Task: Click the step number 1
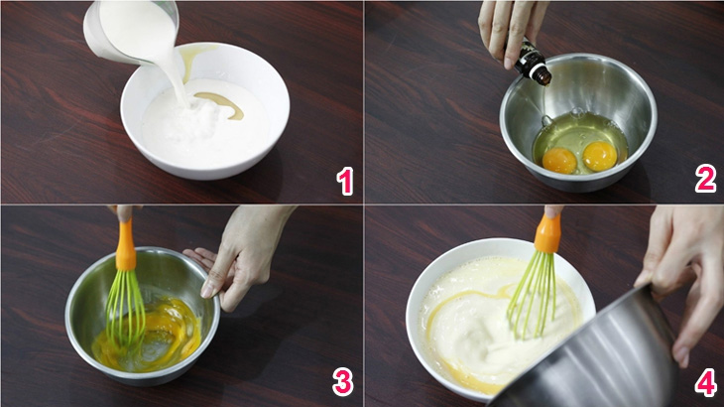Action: point(345,181)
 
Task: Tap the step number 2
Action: point(705,180)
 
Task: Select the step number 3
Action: point(342,381)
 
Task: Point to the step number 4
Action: point(706,381)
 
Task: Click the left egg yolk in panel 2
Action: point(559,160)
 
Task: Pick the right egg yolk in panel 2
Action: point(599,156)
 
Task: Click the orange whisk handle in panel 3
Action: point(125,245)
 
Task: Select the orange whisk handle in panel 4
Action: point(547,233)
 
